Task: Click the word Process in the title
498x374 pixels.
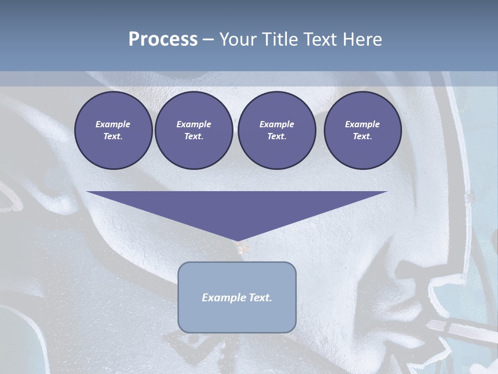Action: (x=163, y=39)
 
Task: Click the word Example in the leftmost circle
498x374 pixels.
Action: (x=113, y=124)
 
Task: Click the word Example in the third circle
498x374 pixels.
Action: (x=276, y=124)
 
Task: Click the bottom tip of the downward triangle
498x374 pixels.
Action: (x=237, y=241)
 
